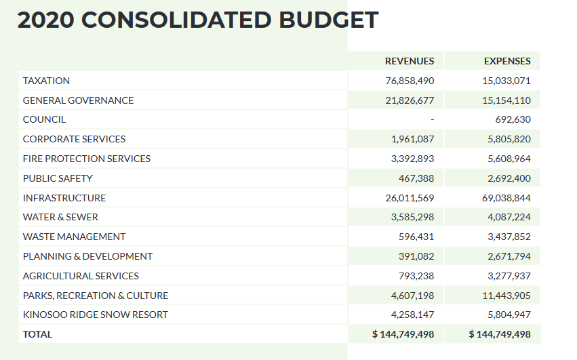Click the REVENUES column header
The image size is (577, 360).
(410, 61)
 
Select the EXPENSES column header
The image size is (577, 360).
(507, 61)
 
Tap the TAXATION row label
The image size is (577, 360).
(46, 81)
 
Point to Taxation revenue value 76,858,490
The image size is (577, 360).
(410, 81)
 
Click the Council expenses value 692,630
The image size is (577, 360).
(513, 119)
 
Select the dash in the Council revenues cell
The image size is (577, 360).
(432, 120)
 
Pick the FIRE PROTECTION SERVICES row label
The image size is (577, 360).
(87, 159)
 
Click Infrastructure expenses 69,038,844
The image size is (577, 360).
(502, 198)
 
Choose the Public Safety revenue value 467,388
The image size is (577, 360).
(416, 178)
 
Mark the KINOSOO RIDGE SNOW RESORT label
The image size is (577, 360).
(95, 315)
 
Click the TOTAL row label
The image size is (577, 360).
(37, 334)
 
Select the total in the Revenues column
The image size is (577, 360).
(403, 334)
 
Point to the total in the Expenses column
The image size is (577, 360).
(500, 334)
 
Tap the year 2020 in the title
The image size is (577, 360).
(46, 20)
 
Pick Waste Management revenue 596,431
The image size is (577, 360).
(416, 237)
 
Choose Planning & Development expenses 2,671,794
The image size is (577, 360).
(505, 256)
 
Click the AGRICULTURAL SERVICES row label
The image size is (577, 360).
(81, 276)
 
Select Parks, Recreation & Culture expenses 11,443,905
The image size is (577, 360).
(502, 296)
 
